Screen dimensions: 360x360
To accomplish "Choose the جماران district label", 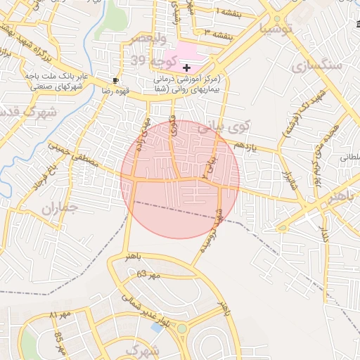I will (x=57, y=208).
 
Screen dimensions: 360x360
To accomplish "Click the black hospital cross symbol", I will (x=186, y=67).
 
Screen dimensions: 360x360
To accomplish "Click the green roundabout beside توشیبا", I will (x=279, y=18).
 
